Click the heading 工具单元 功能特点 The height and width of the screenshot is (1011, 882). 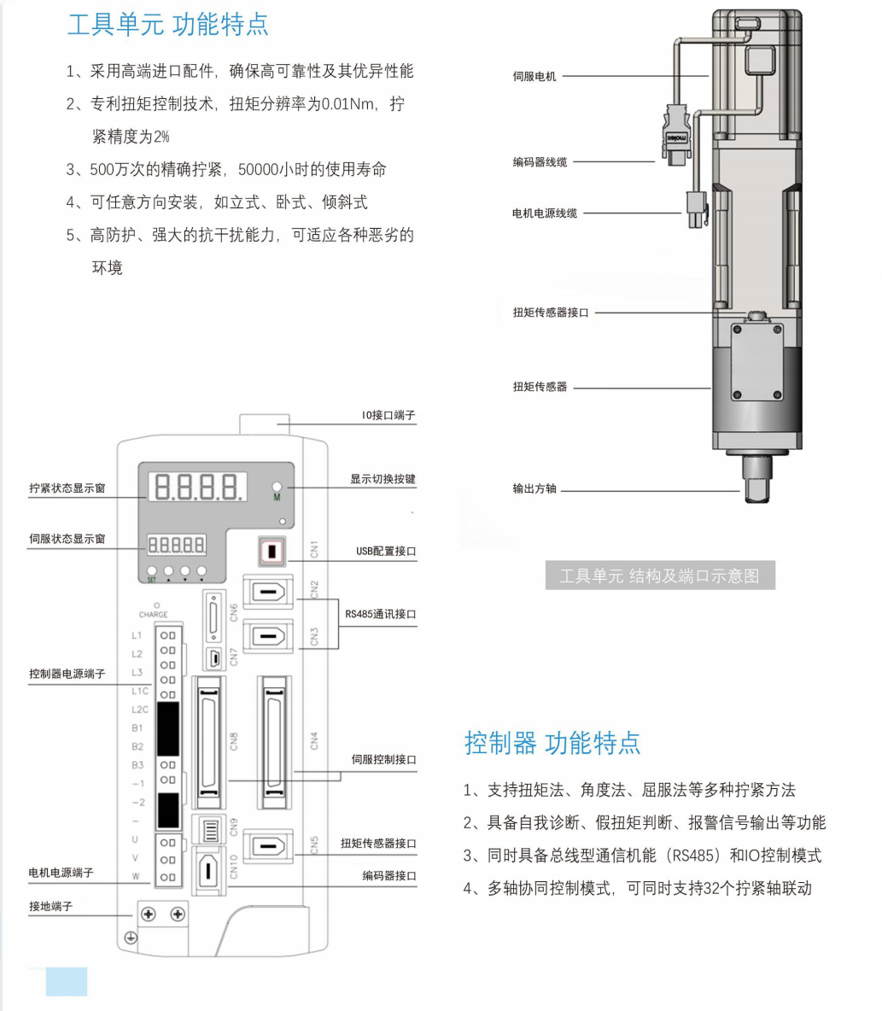[167, 24]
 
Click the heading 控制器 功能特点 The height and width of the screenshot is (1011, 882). [552, 742]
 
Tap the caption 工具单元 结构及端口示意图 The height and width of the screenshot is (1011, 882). [659, 576]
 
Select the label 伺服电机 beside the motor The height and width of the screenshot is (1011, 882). [534, 76]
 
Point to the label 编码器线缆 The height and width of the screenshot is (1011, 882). [540, 161]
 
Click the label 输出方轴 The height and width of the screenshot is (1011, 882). [534, 489]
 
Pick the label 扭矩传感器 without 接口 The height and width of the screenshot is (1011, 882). [540, 387]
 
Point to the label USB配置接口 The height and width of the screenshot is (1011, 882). [386, 552]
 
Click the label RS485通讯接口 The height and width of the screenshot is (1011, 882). [381, 613]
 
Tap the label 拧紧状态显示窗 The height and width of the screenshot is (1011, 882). [67, 488]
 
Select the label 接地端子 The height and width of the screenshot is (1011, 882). [51, 906]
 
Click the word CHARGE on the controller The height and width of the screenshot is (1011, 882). [154, 615]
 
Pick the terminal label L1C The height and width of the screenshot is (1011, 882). [140, 691]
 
